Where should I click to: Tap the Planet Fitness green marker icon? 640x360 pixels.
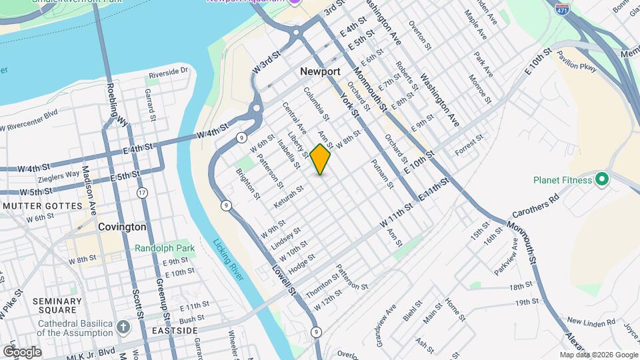602,179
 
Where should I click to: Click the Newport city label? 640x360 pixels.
320,71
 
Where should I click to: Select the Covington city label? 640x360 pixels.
122,227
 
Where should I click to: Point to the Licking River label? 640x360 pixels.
228,261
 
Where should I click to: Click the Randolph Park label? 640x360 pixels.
165,248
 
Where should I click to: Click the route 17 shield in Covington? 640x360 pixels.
142,193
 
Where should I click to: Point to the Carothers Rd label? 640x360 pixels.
535,207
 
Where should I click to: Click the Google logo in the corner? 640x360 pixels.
21,351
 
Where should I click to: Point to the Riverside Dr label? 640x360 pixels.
169,71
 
